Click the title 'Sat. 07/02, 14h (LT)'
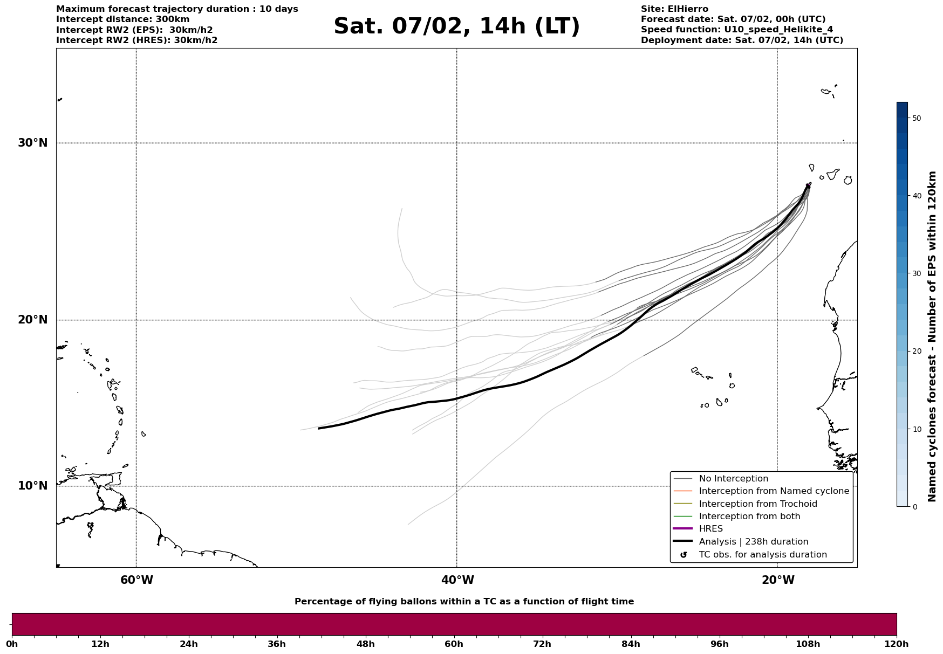coord(456,26)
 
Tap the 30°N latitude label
coord(32,143)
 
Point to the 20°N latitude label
coord(32,320)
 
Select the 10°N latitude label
coord(32,486)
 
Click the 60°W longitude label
coord(136,580)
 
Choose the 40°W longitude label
coord(457,580)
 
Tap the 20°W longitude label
coord(778,580)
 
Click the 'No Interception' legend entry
coord(733,479)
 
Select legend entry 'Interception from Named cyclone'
coord(774,491)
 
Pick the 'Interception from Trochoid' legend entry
coord(757,504)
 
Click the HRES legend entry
coord(710,529)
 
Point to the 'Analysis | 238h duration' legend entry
coord(753,542)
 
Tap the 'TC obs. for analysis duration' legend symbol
coord(684,555)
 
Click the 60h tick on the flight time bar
coord(454,644)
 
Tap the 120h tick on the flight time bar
coord(897,644)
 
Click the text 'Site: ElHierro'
coord(674,9)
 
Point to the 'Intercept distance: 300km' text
coord(122,19)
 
